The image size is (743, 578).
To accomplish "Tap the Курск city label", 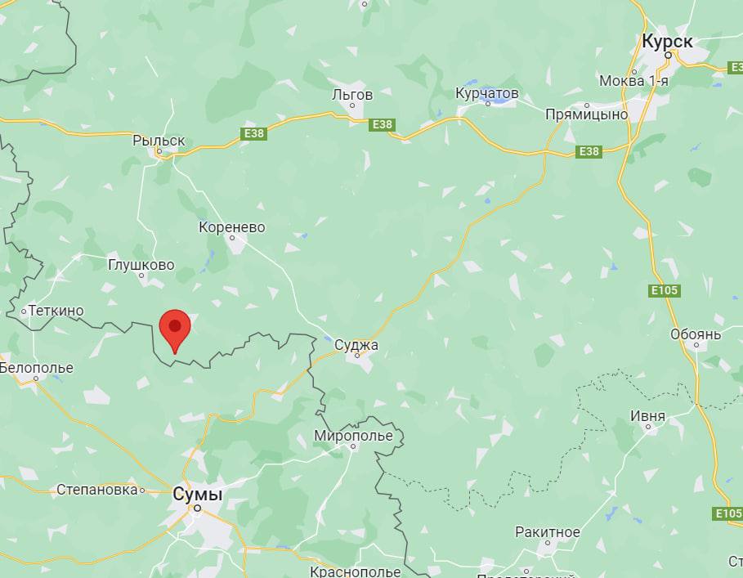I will (667, 41).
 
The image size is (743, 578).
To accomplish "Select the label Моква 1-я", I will (633, 80).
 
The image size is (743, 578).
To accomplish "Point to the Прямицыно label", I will (586, 114).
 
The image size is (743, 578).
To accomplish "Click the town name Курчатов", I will (487, 94).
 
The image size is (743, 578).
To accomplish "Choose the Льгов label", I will (352, 95).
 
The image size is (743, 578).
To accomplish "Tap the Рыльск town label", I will (159, 141).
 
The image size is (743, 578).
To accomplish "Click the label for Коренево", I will (232, 227).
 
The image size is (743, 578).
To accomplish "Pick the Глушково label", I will (141, 265).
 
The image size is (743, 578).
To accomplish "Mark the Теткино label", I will (56, 311).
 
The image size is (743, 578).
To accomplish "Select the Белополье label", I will (36, 368).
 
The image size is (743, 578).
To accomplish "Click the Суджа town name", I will (356, 345).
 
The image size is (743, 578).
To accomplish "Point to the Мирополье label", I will (353, 436).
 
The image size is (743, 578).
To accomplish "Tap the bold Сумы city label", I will (198, 493).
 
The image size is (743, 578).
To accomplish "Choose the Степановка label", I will (96, 490).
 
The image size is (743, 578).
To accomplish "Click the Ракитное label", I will (547, 532).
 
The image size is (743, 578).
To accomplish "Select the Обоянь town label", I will (696, 334).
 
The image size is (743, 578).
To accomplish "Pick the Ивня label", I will (647, 416).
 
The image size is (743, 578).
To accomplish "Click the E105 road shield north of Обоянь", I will (666, 290).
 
